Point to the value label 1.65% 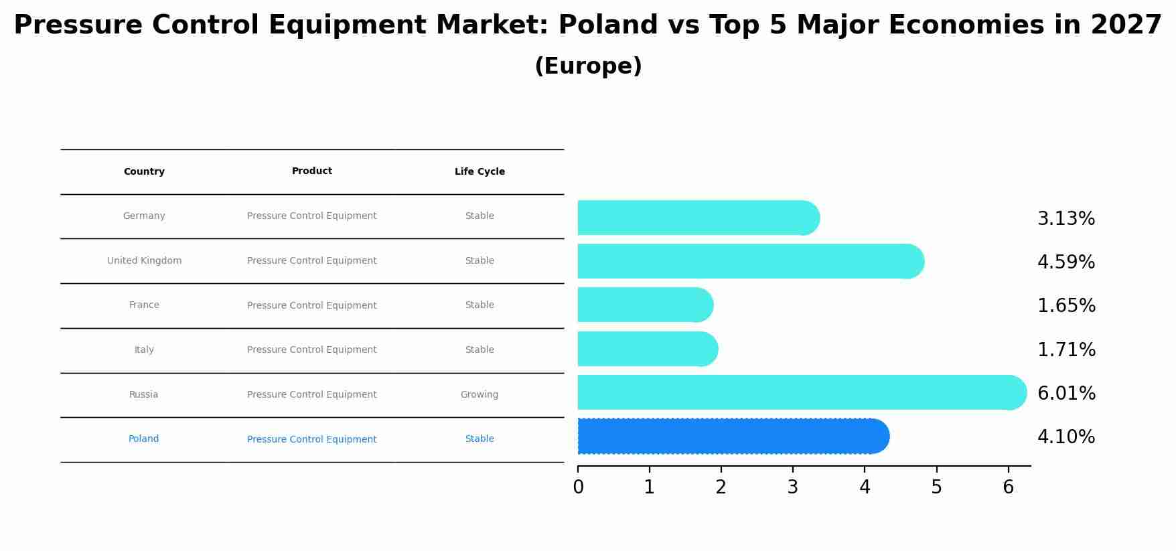pos(1066,306)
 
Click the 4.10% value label pos(1066,437)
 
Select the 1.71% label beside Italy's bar pos(1066,349)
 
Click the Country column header pos(144,172)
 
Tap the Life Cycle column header pos(480,172)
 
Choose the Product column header pos(312,171)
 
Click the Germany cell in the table pos(144,216)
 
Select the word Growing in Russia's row pos(480,395)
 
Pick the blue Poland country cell pos(144,439)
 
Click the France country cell pos(144,305)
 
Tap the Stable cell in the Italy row pos(480,350)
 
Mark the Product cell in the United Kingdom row pos(312,261)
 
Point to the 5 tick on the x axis pos(936,487)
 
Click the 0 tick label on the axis pos(578,487)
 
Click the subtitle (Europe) pos(588,66)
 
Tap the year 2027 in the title pos(1126,25)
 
